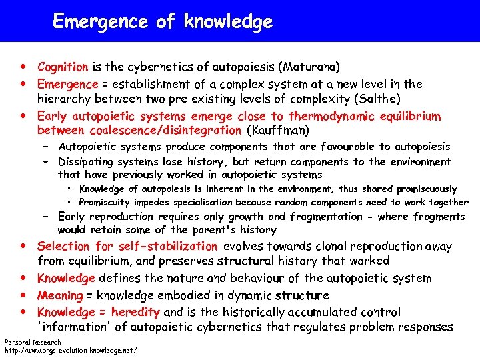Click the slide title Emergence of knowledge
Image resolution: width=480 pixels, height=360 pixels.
coord(163,22)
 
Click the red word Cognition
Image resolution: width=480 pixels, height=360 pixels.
coord(63,67)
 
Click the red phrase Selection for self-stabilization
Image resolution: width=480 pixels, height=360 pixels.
coord(127,247)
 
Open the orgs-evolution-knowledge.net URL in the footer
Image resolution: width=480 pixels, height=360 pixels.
coord(71,350)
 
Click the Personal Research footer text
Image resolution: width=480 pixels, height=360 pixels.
coord(33,342)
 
